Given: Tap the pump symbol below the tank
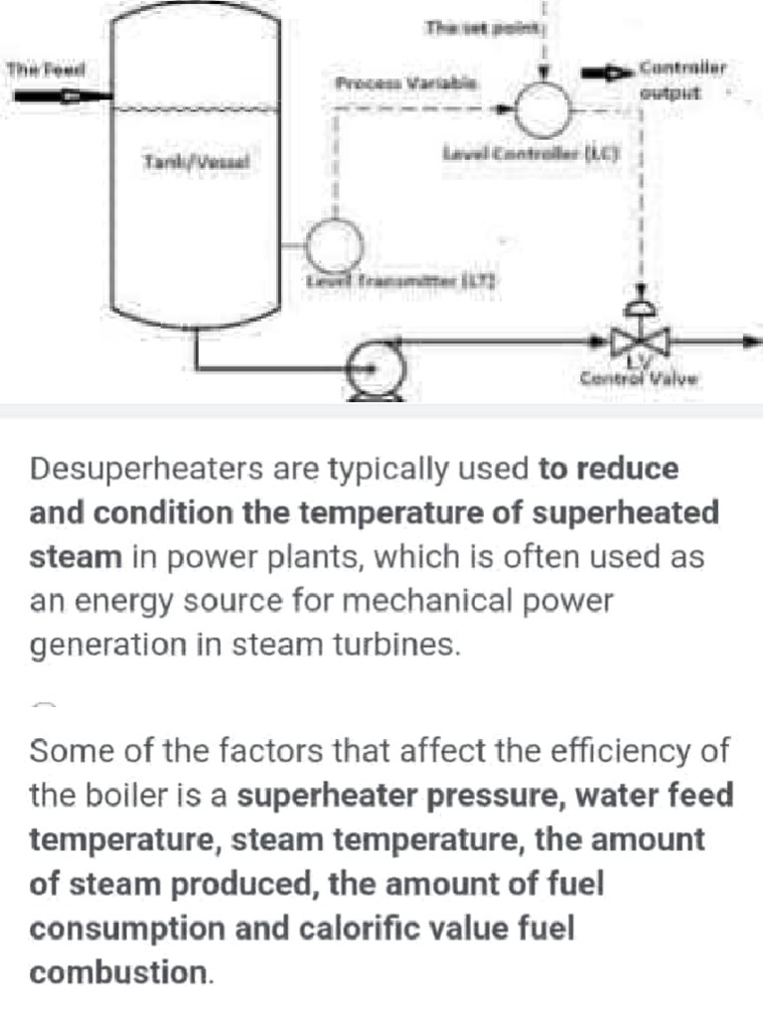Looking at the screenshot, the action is pos(376,368).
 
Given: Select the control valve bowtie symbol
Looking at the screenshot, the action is pos(640,342).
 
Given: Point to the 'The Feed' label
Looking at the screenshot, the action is pos(46,70).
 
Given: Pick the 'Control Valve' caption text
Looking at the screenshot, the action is pos(640,377).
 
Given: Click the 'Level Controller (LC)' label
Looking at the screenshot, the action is pos(531,155).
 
